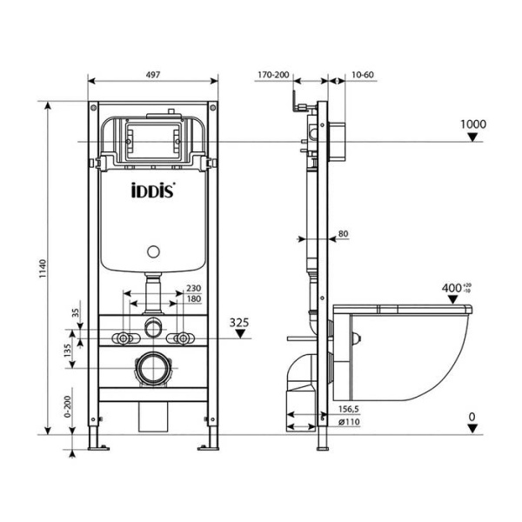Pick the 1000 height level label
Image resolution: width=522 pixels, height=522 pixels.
(x=472, y=124)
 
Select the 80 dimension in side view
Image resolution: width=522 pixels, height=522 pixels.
(x=343, y=233)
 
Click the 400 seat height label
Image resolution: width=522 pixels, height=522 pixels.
(x=453, y=288)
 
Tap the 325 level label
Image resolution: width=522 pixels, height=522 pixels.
(x=239, y=322)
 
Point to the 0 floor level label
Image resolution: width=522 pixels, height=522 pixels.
(x=472, y=417)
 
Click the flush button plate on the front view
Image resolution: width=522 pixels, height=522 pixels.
(x=152, y=138)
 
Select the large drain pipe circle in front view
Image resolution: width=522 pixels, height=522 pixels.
(x=154, y=370)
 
